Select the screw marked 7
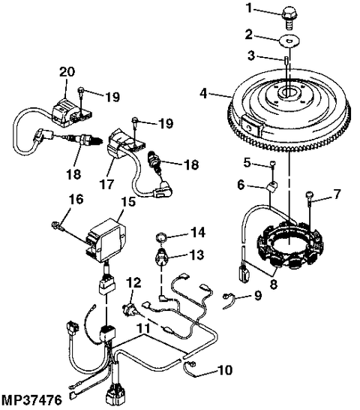tap(309, 199)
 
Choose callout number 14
tap(198, 231)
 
